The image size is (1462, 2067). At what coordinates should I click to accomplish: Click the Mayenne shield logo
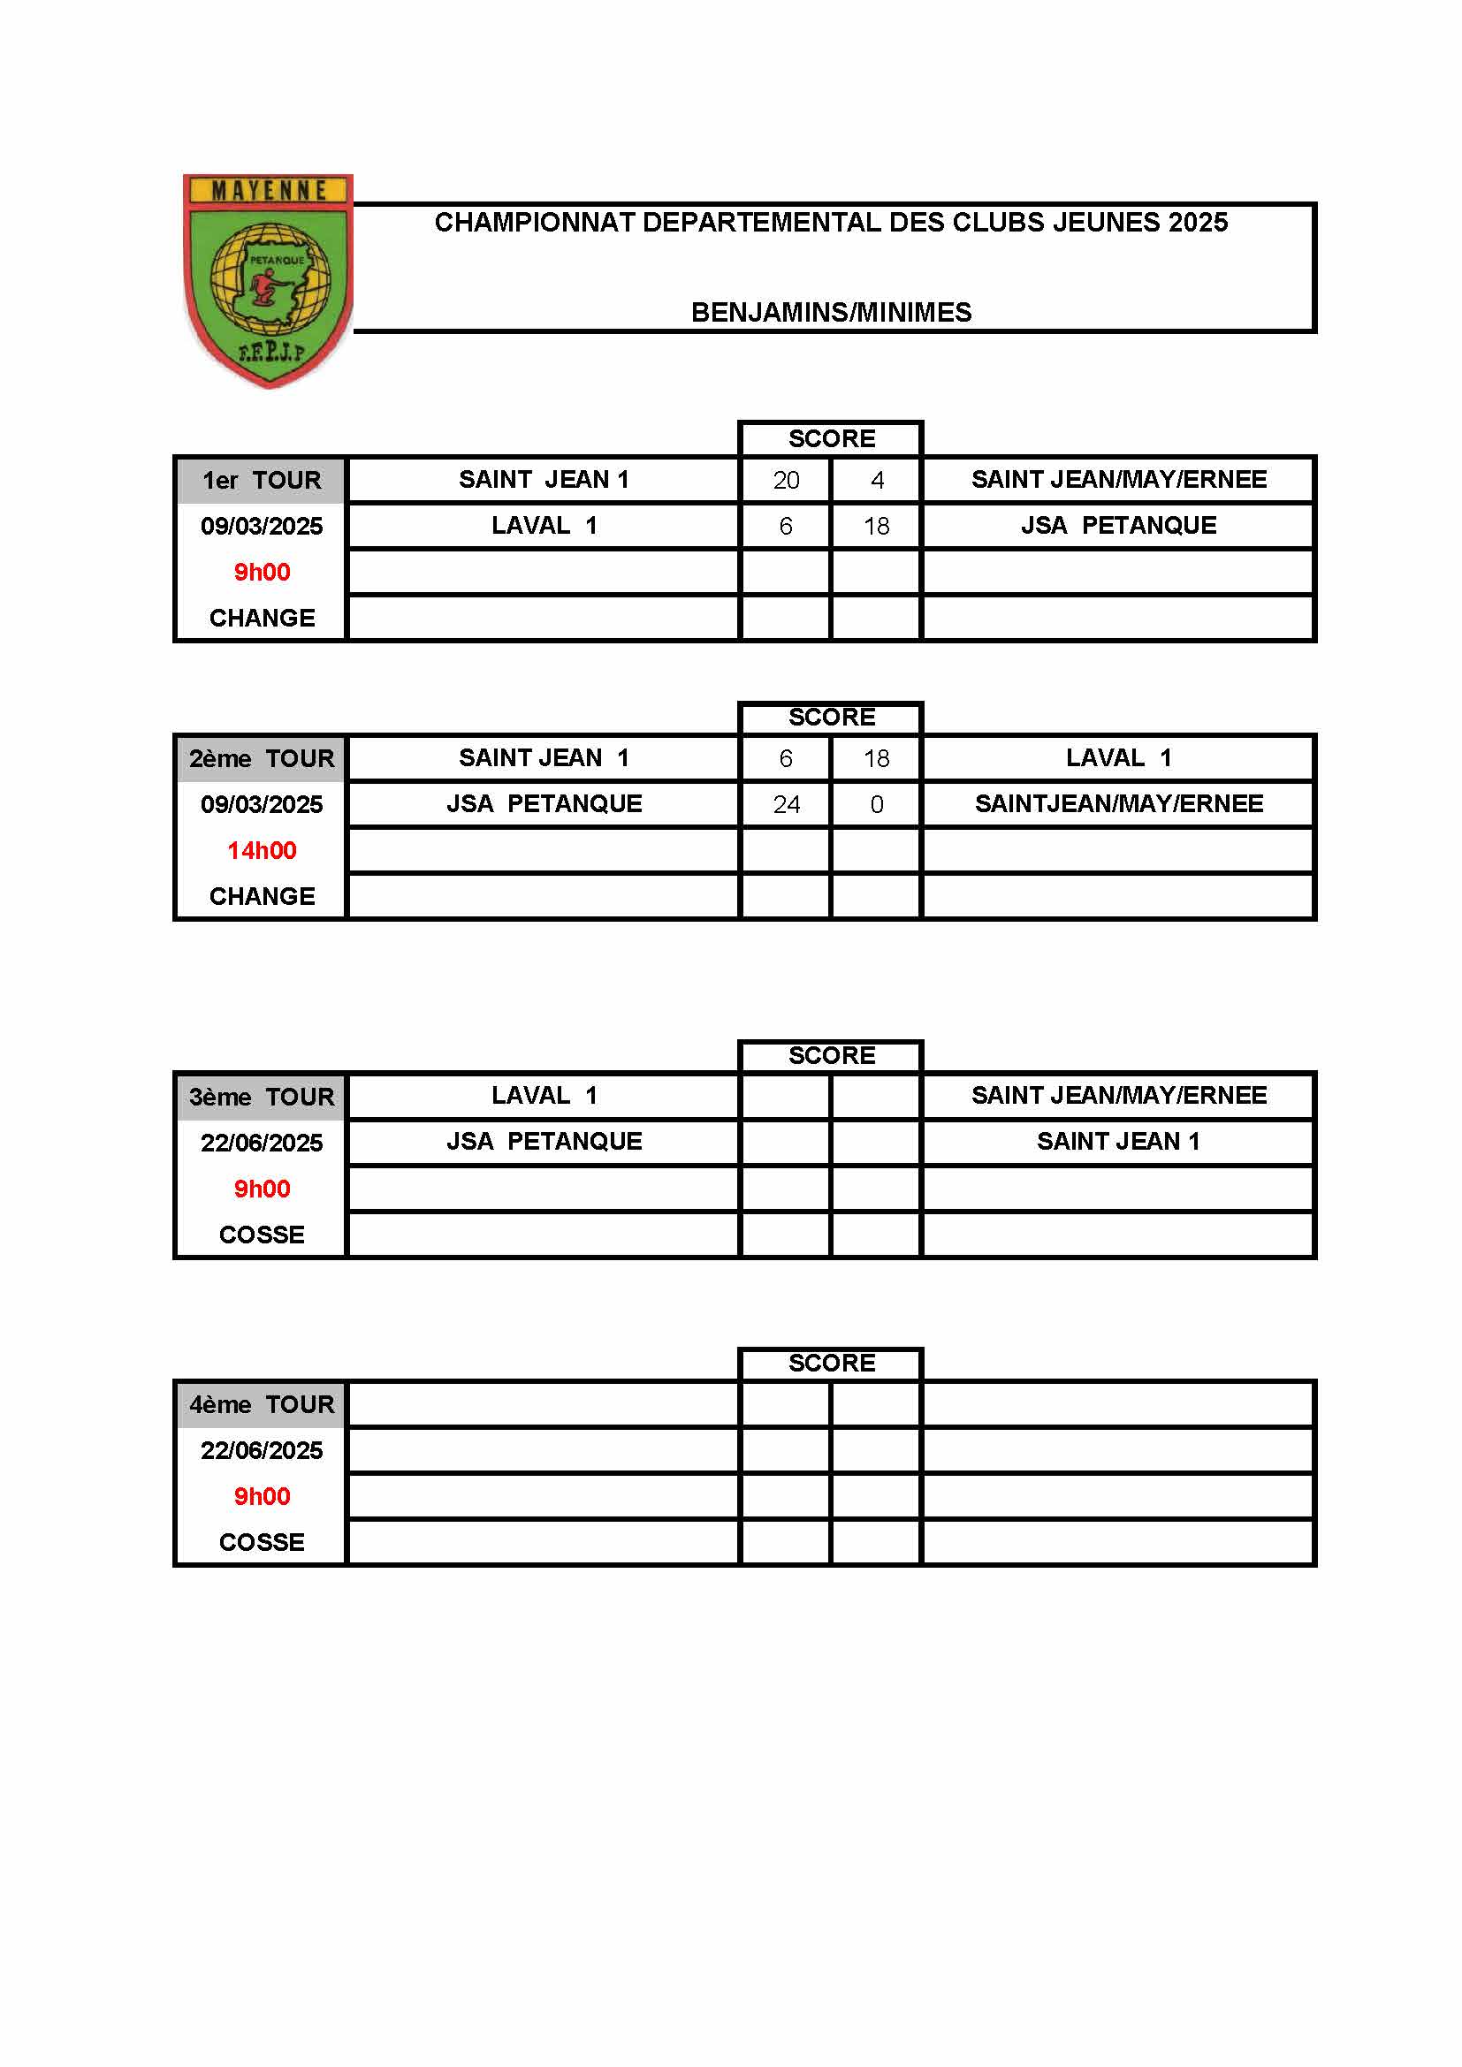point(269,279)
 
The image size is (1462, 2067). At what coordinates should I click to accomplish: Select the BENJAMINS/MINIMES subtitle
point(831,312)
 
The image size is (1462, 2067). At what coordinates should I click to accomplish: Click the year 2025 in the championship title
point(1198,223)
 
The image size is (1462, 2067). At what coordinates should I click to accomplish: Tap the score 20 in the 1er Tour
point(786,480)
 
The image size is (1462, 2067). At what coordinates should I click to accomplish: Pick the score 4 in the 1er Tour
point(877,480)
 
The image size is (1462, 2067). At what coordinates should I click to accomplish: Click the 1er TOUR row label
point(261,480)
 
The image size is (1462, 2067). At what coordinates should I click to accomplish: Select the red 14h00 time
point(261,850)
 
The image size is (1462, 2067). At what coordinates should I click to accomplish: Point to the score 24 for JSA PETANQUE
point(786,804)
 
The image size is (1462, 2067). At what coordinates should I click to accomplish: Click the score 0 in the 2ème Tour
point(877,804)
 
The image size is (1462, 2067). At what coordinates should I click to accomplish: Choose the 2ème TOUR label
point(261,758)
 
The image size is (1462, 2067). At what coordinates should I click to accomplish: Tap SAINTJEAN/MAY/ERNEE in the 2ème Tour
point(1118,803)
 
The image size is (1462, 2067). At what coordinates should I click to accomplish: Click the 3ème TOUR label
point(261,1097)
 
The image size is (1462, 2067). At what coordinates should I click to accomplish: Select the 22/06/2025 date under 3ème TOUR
point(261,1143)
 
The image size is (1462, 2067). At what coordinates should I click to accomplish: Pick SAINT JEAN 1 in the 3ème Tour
point(1118,1141)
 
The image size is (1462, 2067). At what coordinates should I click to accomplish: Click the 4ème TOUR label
point(261,1404)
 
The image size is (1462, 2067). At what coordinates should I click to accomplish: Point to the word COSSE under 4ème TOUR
point(261,1542)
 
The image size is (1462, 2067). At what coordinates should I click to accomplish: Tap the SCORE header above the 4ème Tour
point(831,1363)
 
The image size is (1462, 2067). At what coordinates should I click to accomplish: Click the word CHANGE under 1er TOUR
point(261,618)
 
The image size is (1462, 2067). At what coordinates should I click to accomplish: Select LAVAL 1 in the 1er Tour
point(544,525)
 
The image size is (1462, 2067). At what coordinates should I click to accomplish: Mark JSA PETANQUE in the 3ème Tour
point(544,1141)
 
